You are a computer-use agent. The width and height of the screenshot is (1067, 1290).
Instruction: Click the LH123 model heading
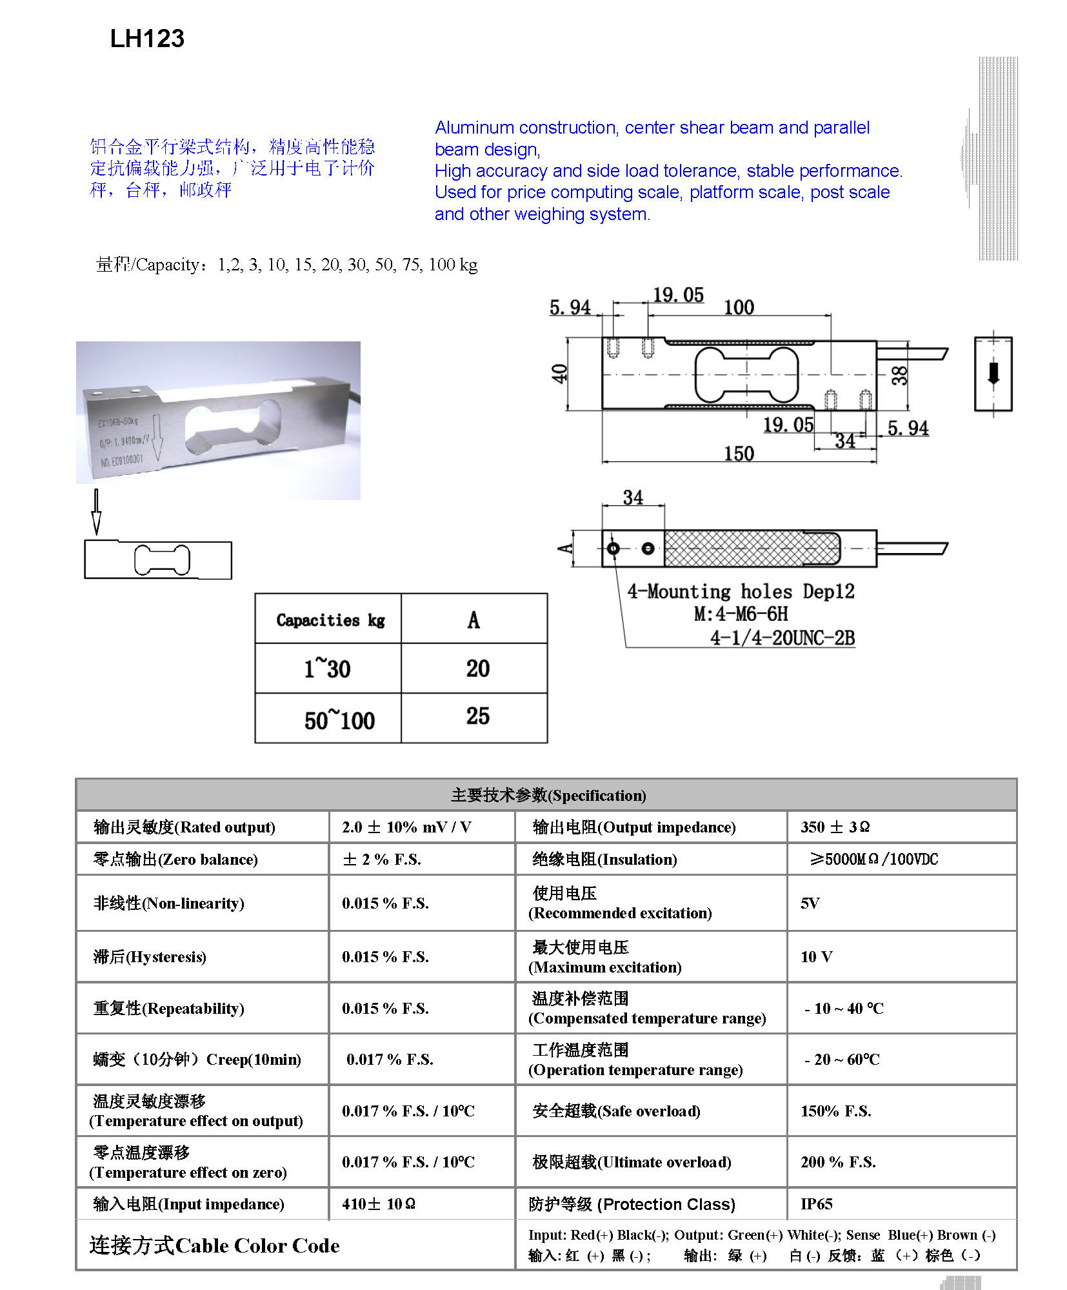click(x=147, y=39)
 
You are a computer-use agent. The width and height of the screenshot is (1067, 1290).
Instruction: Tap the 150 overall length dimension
click(x=739, y=454)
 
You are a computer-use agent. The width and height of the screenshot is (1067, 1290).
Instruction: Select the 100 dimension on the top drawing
click(x=739, y=307)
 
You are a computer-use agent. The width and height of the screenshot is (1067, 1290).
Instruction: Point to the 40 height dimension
click(x=559, y=373)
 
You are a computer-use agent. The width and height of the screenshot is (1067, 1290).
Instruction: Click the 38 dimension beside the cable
click(x=899, y=375)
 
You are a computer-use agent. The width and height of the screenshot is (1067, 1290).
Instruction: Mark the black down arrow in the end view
click(x=993, y=374)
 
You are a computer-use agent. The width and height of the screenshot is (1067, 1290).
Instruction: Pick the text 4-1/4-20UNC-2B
click(x=782, y=638)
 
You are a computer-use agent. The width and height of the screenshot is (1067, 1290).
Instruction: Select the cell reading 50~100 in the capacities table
click(x=339, y=720)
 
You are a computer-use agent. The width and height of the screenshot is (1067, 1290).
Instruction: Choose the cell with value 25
click(x=477, y=716)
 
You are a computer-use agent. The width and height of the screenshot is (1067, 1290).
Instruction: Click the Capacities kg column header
click(x=330, y=620)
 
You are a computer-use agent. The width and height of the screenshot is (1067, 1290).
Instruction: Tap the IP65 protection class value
click(x=816, y=1204)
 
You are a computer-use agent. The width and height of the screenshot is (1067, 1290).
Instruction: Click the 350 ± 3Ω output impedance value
click(x=835, y=827)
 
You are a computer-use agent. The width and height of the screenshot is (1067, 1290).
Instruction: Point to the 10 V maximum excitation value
click(x=816, y=956)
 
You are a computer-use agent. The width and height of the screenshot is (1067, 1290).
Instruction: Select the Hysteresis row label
click(x=150, y=956)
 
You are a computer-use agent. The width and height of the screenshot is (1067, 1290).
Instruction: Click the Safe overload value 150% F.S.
click(x=835, y=1111)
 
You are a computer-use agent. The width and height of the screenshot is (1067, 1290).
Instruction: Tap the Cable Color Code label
click(x=214, y=1245)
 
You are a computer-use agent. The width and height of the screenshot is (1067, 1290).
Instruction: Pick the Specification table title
click(x=548, y=795)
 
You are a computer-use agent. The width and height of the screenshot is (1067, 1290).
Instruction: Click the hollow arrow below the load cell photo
click(x=96, y=512)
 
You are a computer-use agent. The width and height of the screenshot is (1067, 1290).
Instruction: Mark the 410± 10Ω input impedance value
click(x=379, y=1204)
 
